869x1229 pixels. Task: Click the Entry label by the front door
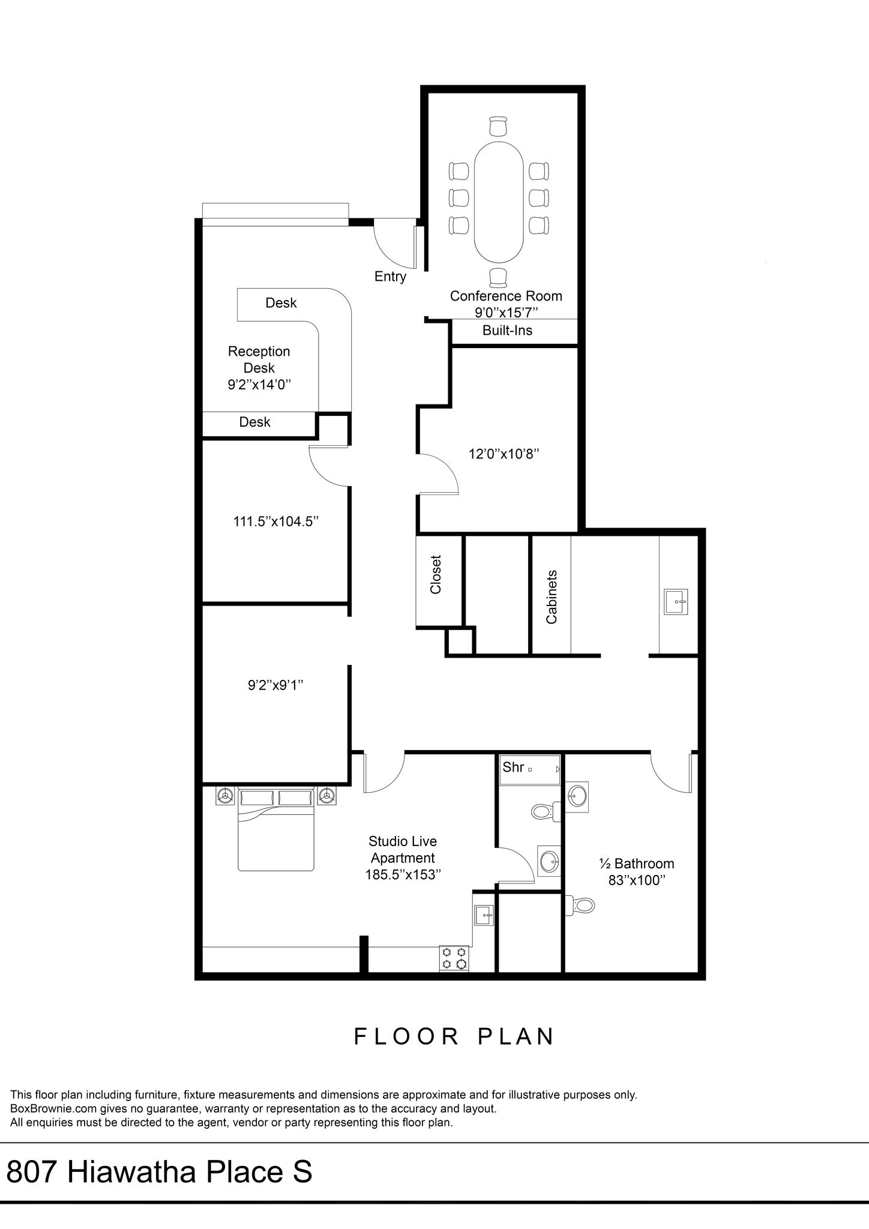tap(390, 277)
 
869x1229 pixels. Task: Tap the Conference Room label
tap(506, 296)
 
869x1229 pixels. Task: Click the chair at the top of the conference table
tap(498, 127)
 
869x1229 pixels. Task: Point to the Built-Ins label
tap(507, 330)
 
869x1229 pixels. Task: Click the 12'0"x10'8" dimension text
tap(504, 454)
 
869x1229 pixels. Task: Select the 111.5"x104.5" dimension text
tap(275, 521)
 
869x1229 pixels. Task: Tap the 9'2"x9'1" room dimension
tap(275, 685)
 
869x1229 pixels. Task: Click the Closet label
tap(436, 575)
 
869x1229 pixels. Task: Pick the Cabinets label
tap(552, 596)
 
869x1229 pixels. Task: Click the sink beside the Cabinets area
tap(676, 601)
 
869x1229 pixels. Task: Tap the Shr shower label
tap(513, 767)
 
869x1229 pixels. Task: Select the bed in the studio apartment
tap(276, 829)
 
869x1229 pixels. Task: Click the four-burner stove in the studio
tap(454, 958)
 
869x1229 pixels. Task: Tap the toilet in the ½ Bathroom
tap(580, 904)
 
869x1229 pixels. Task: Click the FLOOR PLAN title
tap(454, 1036)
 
